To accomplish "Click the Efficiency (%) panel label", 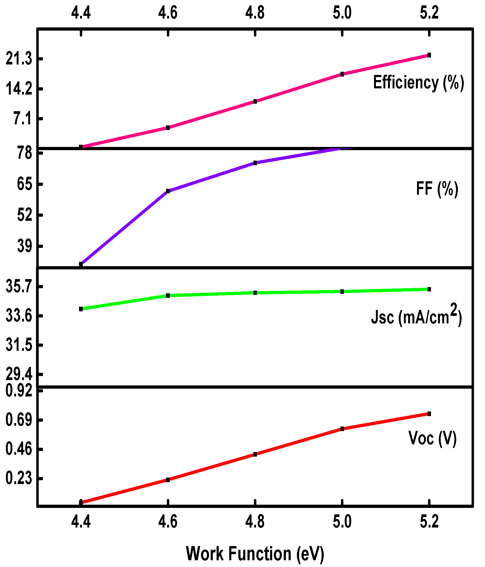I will tap(418, 82).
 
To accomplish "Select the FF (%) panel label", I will tap(437, 189).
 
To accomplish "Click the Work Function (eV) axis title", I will tap(255, 553).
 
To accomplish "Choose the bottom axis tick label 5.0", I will tap(342, 521).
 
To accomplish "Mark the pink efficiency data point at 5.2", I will tap(429, 55).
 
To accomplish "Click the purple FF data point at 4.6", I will tap(168, 191).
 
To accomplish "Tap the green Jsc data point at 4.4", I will tap(81, 309).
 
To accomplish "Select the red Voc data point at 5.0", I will tap(342, 429).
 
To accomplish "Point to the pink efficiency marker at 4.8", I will tap(255, 101).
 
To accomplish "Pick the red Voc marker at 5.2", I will tap(429, 414).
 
